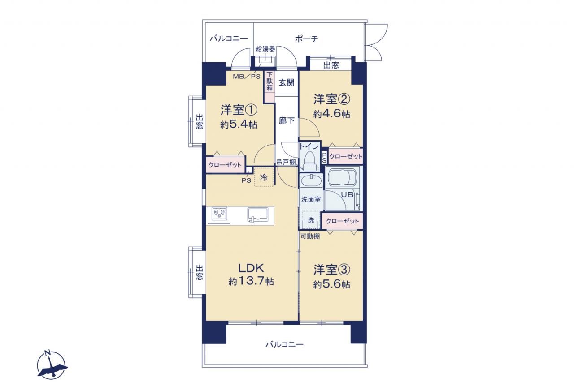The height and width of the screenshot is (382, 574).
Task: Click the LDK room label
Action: click(x=251, y=268)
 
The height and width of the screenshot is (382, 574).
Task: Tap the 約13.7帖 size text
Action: click(x=251, y=281)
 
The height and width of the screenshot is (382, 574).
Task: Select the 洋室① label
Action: click(x=239, y=110)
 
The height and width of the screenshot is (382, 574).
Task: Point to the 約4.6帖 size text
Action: click(x=331, y=113)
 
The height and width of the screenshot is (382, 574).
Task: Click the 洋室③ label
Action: click(x=331, y=270)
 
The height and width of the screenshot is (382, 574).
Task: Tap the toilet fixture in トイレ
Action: click(x=309, y=160)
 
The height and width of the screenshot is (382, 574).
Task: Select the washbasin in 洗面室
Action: click(x=311, y=181)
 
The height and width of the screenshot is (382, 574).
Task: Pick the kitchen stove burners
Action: click(x=220, y=213)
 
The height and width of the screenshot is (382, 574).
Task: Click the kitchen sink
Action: click(x=258, y=215)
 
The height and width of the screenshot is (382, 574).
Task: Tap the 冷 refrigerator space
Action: click(x=263, y=177)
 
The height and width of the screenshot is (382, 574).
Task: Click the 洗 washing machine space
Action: click(x=311, y=220)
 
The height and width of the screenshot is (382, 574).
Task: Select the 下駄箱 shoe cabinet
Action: click(x=270, y=86)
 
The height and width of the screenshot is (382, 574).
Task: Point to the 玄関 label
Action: click(x=287, y=82)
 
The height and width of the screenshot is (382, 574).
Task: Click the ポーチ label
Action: click(x=306, y=39)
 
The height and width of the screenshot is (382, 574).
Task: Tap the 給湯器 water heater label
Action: click(x=265, y=49)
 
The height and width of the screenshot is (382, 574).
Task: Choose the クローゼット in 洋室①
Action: click(x=225, y=164)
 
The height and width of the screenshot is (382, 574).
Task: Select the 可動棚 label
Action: click(x=310, y=236)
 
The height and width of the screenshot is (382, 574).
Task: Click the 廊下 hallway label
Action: click(x=287, y=120)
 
